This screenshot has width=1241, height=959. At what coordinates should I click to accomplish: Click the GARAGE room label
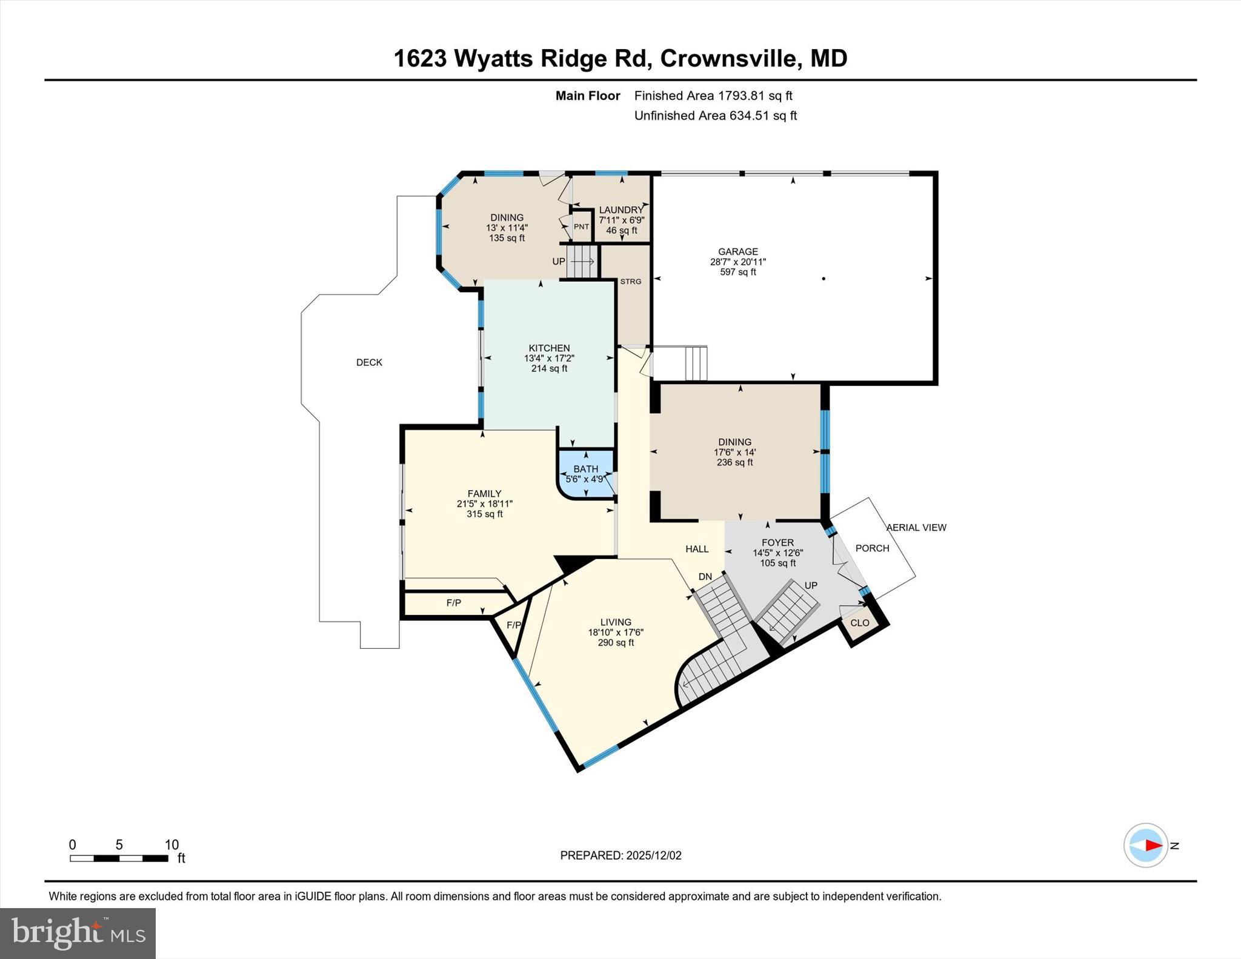(x=737, y=251)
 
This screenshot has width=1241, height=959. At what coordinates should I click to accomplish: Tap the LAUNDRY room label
(x=621, y=210)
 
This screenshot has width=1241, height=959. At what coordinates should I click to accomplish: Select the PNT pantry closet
(x=581, y=227)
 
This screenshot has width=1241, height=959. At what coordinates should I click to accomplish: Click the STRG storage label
(x=630, y=282)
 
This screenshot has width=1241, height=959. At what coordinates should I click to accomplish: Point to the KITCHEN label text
(x=549, y=348)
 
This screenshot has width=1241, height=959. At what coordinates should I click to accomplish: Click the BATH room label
(x=585, y=469)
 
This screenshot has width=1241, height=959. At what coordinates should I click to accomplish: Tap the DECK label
(x=369, y=362)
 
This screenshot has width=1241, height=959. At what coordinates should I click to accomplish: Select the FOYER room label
(x=777, y=543)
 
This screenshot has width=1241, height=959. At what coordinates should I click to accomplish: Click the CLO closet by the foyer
(x=859, y=623)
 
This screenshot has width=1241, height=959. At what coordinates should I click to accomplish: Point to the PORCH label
(x=872, y=548)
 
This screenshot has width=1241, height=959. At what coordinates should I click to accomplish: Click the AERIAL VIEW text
(x=916, y=528)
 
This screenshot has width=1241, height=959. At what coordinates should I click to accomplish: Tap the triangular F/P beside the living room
(x=513, y=625)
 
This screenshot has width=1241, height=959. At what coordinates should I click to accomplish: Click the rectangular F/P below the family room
(x=453, y=603)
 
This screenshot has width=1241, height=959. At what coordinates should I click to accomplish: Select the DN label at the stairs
(x=705, y=577)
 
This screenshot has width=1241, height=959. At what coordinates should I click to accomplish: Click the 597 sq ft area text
(x=737, y=272)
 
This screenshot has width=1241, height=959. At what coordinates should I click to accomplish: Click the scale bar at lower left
(x=119, y=858)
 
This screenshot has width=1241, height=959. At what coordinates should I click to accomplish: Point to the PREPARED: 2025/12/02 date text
(x=620, y=855)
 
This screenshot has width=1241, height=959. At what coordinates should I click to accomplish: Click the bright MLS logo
(x=78, y=933)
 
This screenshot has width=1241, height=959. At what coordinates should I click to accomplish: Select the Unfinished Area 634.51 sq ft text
(x=715, y=116)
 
